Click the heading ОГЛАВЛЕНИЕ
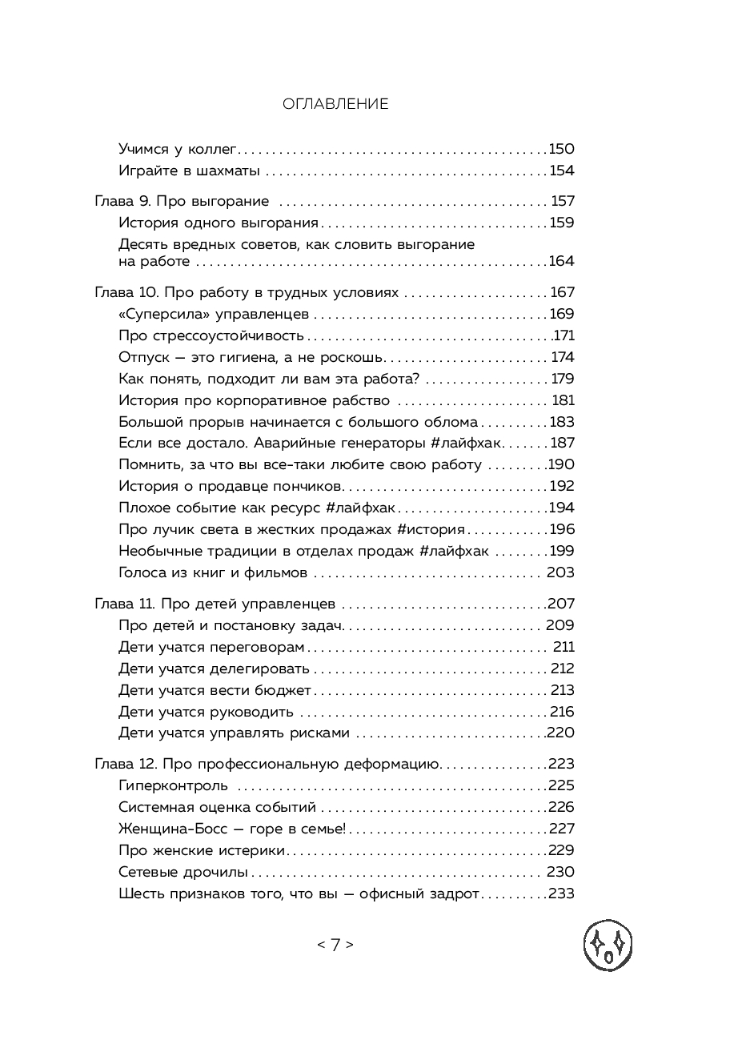(335, 104)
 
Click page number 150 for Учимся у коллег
(561, 149)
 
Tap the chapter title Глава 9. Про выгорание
(182, 202)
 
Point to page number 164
(561, 261)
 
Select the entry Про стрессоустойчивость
(211, 336)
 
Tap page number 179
(563, 379)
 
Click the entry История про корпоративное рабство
(254, 400)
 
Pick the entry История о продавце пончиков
(231, 486)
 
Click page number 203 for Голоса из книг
(560, 572)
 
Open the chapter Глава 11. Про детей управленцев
(215, 604)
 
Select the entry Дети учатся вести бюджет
(215, 690)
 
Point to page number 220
(560, 733)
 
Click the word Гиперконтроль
(173, 786)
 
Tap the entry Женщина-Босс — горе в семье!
(232, 829)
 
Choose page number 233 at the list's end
(561, 893)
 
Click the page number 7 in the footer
(335, 945)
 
